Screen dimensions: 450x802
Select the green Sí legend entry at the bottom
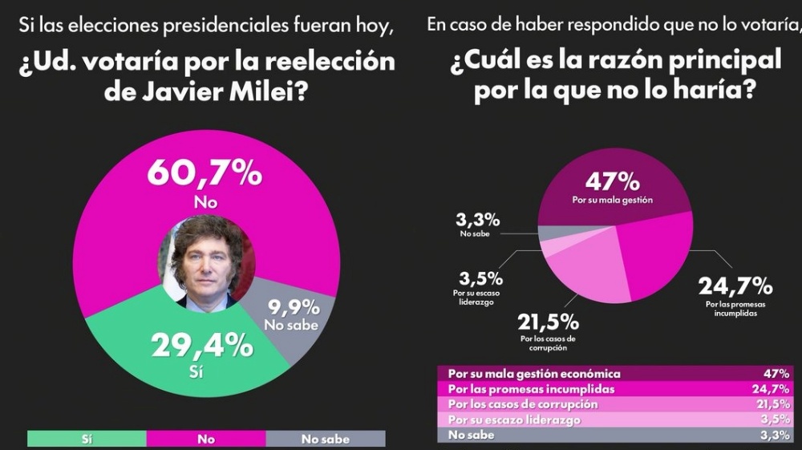87,438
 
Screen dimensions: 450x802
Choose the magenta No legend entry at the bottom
206,438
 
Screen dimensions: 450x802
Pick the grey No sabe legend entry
325,438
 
